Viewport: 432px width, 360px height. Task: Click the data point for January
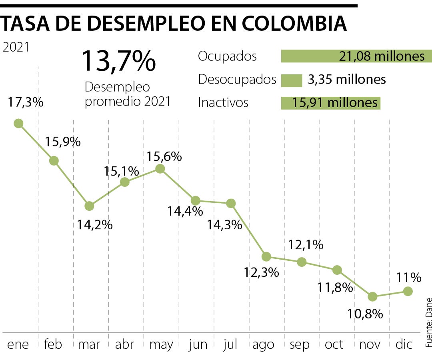18,123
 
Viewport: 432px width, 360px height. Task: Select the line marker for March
89,206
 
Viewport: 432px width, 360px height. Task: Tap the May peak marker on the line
160,169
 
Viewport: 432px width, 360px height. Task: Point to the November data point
372,296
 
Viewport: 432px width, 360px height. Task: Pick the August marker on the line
266,256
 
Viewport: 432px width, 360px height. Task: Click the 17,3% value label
26,102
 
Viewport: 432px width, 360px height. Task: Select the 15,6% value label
164,156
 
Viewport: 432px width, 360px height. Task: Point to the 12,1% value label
306,245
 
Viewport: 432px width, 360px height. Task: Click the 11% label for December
409,277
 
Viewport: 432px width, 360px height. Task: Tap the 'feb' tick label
54,344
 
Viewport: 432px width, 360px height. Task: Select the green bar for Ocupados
356,56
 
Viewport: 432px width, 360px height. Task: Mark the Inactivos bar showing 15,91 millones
330,103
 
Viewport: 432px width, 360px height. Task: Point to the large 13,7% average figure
118,61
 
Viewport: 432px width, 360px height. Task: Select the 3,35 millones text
347,80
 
